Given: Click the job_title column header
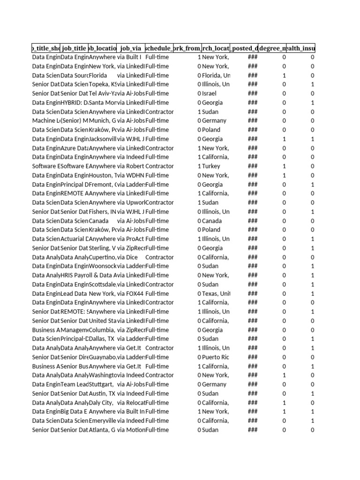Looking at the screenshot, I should [74, 48].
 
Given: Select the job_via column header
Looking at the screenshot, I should [131, 48].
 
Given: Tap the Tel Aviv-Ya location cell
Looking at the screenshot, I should [102, 93].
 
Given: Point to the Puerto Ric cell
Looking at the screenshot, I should [215, 357].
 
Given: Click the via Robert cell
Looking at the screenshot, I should [130, 166].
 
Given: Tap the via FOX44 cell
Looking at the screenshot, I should [130, 293].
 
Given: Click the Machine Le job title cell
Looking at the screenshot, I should [46, 120].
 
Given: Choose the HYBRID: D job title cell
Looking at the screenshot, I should [74, 103].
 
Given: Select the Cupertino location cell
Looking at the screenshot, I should [102, 257].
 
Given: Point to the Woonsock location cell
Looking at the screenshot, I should [102, 266].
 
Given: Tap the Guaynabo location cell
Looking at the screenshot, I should [102, 357].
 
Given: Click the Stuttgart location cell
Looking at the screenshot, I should [102, 384].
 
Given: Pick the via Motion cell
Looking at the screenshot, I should [131, 430].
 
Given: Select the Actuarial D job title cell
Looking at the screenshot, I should [74, 239].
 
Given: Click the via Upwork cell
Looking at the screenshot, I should [131, 202].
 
